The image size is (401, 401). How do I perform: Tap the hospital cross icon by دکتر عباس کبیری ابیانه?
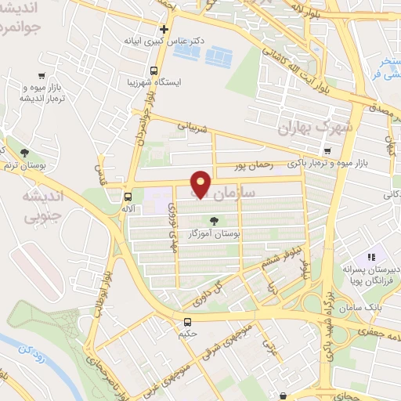click(x=164, y=28)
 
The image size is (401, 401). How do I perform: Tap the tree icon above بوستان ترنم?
click(x=26, y=152)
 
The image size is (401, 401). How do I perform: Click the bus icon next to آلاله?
click(x=128, y=197)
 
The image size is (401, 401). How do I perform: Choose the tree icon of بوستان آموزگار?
click(x=214, y=220)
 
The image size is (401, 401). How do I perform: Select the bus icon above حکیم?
click(x=187, y=322)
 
